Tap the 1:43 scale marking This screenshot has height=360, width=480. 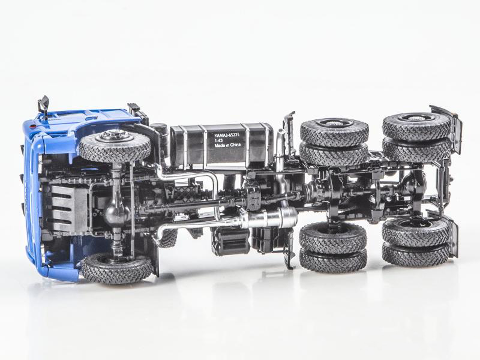coord(218,140)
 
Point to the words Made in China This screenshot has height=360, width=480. coord(228,145)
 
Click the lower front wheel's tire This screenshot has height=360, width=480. coord(116,268)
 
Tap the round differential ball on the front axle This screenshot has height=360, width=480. coord(114,213)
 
